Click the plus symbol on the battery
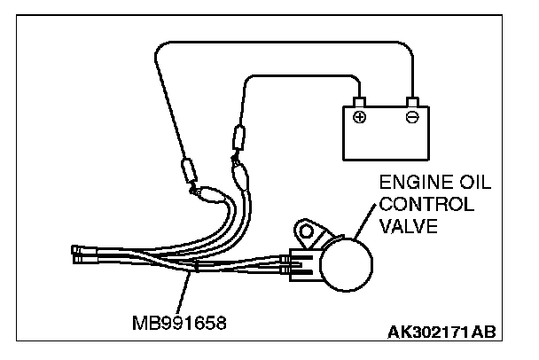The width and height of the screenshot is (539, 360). [x=359, y=116]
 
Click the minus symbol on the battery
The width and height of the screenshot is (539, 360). [x=410, y=116]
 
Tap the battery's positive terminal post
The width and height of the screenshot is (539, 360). [x=359, y=101]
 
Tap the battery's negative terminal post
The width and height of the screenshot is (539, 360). [x=410, y=101]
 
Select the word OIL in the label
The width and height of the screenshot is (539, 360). [x=471, y=184]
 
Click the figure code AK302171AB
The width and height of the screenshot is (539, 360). [x=441, y=333]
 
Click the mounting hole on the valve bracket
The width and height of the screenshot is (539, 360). [x=307, y=234]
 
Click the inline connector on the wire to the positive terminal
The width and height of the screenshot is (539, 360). [x=238, y=140]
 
